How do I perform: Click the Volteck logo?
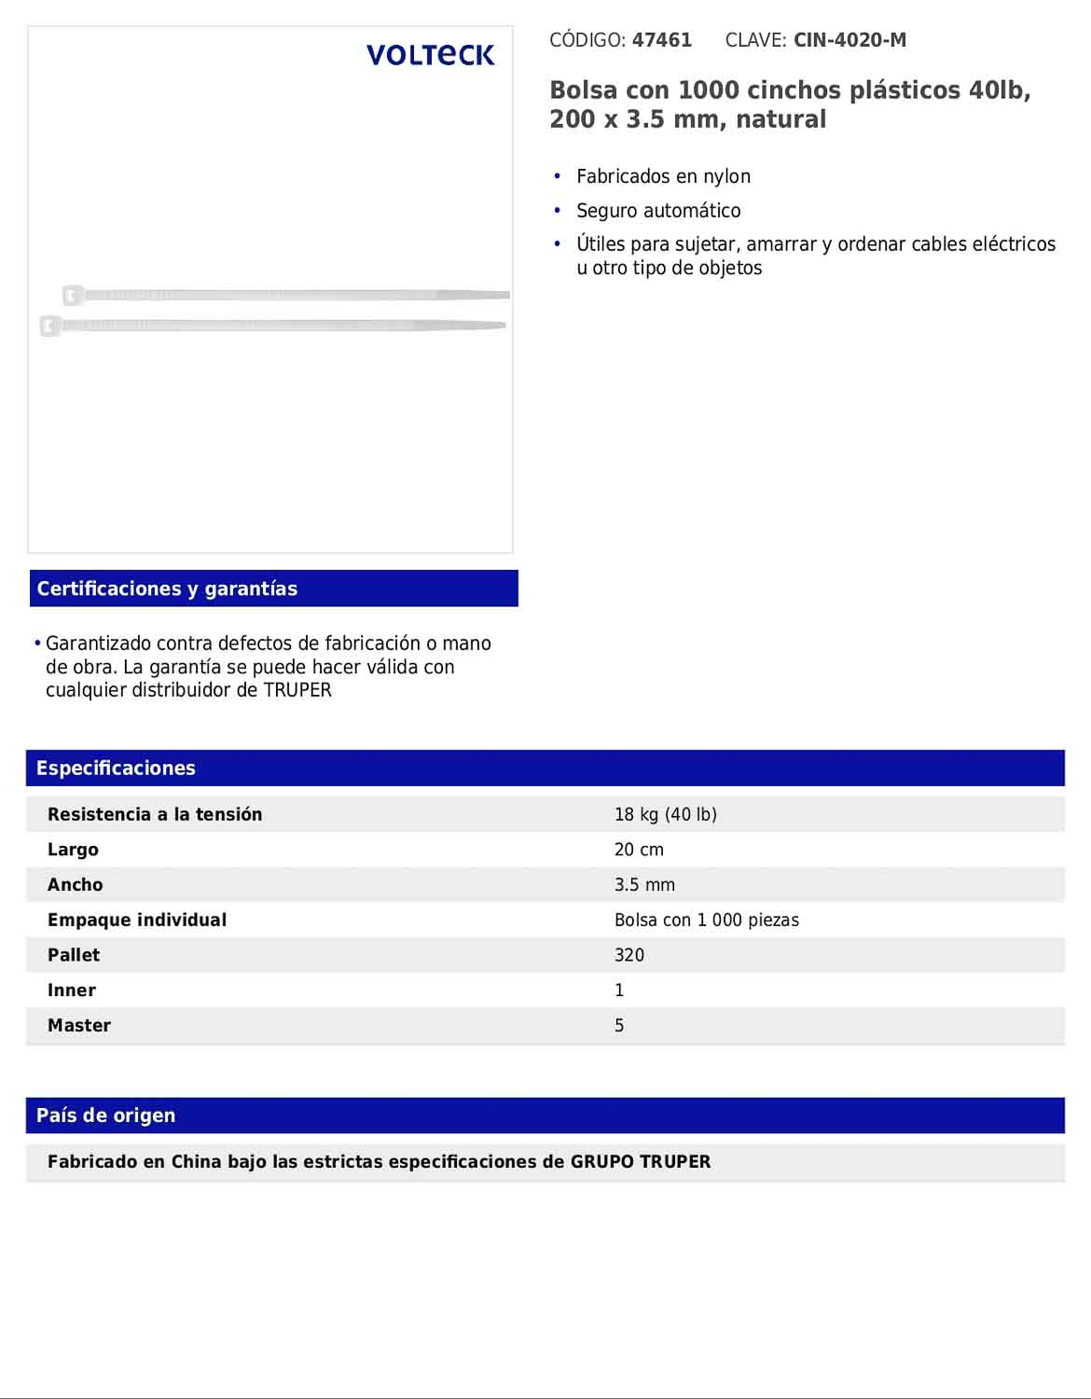pos(430,55)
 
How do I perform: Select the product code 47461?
pos(661,40)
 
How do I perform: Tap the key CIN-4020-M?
pos(849,40)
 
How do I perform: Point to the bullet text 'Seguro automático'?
pos(658,211)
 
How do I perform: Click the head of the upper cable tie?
pos(73,296)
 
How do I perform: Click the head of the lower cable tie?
pos(50,326)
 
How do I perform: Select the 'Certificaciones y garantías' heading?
pos(167,589)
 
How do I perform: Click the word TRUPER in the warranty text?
pos(297,690)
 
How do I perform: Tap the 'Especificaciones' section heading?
pos(116,768)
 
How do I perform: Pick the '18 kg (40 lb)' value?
pos(665,814)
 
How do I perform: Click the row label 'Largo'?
pos(73,850)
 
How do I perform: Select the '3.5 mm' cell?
pos(644,885)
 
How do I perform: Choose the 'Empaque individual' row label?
pos(137,920)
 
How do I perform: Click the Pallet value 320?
pos(629,955)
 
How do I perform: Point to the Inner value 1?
pos(619,990)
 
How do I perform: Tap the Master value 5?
pos(619,1026)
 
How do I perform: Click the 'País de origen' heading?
pos(105,1115)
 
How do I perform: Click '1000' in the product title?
pos(708,90)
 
